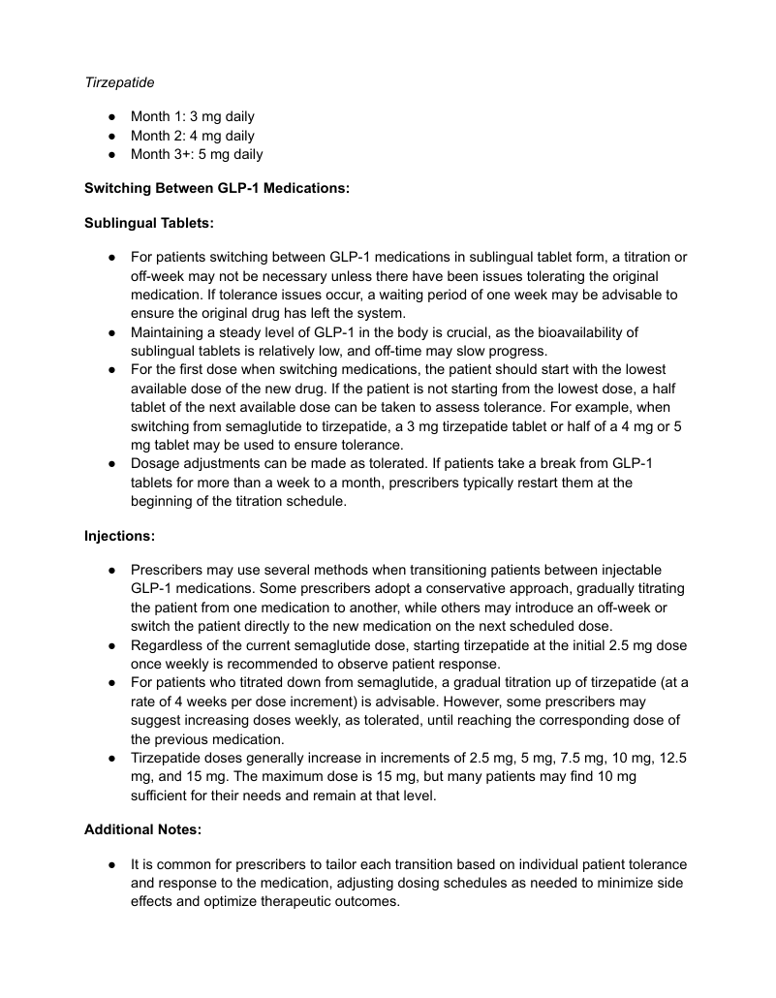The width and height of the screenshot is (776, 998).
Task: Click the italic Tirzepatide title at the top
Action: tap(119, 83)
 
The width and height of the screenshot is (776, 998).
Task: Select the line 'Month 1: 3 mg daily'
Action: tap(193, 117)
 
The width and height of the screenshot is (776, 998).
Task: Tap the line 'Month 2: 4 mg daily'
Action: tap(193, 136)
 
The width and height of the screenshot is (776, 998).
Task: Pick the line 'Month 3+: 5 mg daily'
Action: tap(197, 154)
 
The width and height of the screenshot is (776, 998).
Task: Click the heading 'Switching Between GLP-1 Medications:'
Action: tap(216, 188)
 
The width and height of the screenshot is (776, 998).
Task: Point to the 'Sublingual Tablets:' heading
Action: tap(149, 222)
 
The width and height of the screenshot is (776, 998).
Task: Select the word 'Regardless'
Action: tap(168, 645)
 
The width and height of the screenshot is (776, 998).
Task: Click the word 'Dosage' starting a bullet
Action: tap(156, 463)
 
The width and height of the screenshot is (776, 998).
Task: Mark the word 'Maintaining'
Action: tap(171, 332)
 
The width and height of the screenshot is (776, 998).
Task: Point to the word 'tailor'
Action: tap(376, 863)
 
